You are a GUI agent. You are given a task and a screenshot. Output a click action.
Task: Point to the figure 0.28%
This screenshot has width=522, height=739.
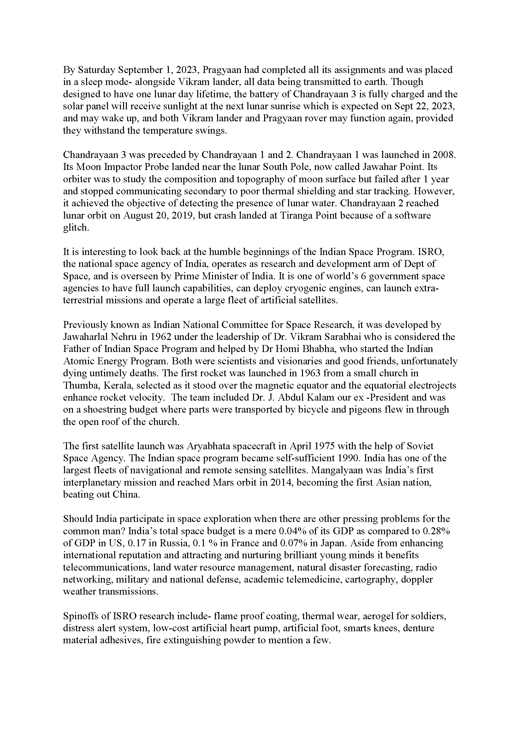437,531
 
